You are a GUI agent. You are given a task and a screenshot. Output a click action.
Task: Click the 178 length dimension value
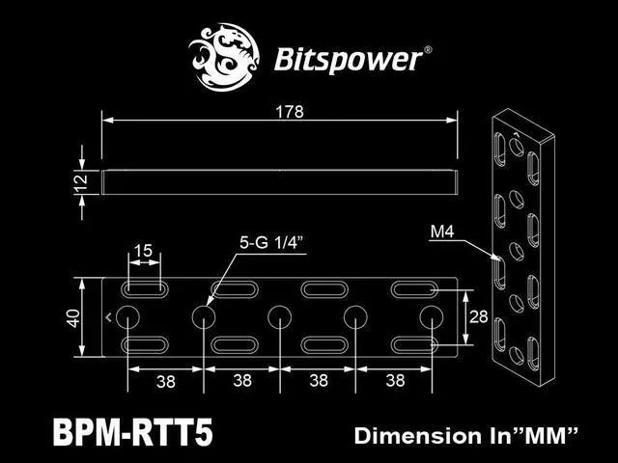pos(289,112)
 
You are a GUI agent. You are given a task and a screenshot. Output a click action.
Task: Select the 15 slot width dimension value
pos(142,251)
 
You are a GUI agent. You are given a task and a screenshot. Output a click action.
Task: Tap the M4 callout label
pos(441,231)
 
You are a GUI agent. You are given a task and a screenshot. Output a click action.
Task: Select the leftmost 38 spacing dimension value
pos(165,382)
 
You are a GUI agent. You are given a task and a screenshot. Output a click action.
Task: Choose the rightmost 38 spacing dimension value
pos(394,382)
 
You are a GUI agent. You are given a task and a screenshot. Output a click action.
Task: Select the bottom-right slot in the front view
pos(415,344)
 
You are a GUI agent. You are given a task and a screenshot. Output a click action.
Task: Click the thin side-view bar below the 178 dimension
pos(280,179)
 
